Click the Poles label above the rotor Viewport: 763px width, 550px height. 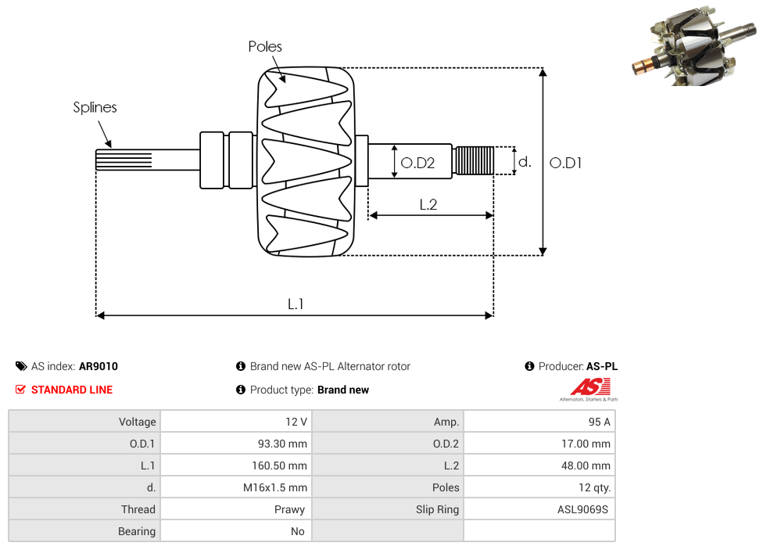pos(265,47)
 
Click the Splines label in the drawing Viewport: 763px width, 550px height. pos(95,107)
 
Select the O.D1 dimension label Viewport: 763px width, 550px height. pos(566,163)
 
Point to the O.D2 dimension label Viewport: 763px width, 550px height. pos(417,163)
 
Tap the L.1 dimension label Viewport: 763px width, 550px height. pos(295,304)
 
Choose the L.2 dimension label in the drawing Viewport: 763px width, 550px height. pos(428,205)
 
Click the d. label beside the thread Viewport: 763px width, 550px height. pos(525,162)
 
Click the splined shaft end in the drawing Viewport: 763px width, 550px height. pos(117,160)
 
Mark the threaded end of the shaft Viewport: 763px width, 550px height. pos(474,160)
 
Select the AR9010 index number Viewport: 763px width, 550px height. pos(99,366)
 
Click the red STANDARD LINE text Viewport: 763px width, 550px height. pos(71,390)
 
